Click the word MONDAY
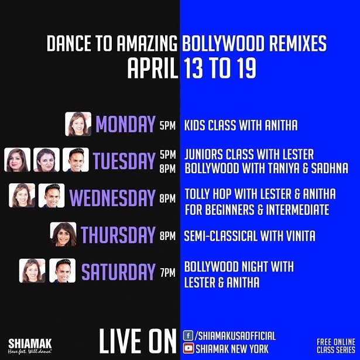tap(125, 124)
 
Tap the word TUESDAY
tap(124, 160)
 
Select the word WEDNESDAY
tap(112, 198)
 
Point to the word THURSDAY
tap(118, 234)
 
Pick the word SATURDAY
tap(118, 272)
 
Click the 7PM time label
tap(168, 273)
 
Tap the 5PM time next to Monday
tap(168, 126)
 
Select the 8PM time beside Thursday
tap(168, 236)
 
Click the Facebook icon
tap(188, 335)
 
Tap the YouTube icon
tap(188, 348)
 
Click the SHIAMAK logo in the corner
tap(30, 347)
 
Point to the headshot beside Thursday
tap(63, 234)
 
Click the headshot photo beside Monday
tap(78, 124)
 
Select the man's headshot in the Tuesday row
tap(76, 160)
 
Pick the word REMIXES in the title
tap(298, 43)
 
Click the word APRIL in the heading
tap(153, 68)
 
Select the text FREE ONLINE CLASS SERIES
tap(336, 346)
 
